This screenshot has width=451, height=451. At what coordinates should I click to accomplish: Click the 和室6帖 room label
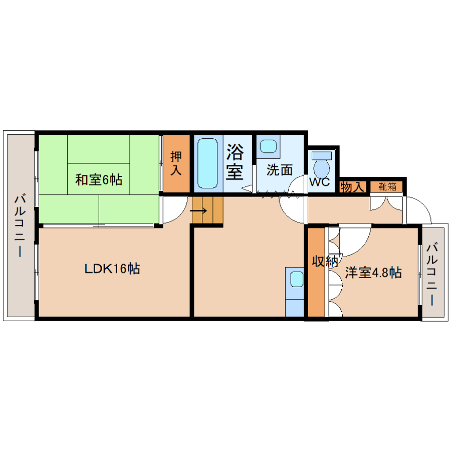pyautogui.click(x=99, y=180)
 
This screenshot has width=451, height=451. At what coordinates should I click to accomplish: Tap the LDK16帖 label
pyautogui.click(x=112, y=269)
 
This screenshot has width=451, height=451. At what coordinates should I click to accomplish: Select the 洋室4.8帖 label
pyautogui.click(x=373, y=273)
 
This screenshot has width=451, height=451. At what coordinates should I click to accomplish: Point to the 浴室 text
pyautogui.click(x=235, y=162)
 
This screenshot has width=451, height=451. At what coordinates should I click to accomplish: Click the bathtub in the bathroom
pyautogui.click(x=207, y=163)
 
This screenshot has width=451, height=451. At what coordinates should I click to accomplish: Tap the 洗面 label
pyautogui.click(x=280, y=170)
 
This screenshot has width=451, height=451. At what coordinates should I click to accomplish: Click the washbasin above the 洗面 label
pyautogui.click(x=269, y=146)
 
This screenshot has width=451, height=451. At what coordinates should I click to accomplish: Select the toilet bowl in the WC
pyautogui.click(x=322, y=168)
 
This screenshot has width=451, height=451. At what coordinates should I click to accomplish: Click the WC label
pyautogui.click(x=319, y=182)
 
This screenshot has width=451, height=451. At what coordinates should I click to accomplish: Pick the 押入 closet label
pyautogui.click(x=176, y=163)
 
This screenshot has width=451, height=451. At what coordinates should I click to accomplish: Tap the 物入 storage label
pyautogui.click(x=352, y=187)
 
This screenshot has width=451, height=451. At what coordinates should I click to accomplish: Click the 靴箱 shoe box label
pyautogui.click(x=387, y=187)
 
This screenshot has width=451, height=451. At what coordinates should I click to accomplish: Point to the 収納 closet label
pyautogui.click(x=325, y=261)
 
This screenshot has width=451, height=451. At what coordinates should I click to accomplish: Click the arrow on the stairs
pyautogui.click(x=198, y=211)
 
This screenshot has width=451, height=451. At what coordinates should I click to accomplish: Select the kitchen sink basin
pyautogui.click(x=297, y=279)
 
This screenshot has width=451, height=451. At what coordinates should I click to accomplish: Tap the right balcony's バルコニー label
pyautogui.click(x=432, y=274)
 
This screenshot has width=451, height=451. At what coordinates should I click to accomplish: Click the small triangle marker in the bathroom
pyautogui.click(x=247, y=189)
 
